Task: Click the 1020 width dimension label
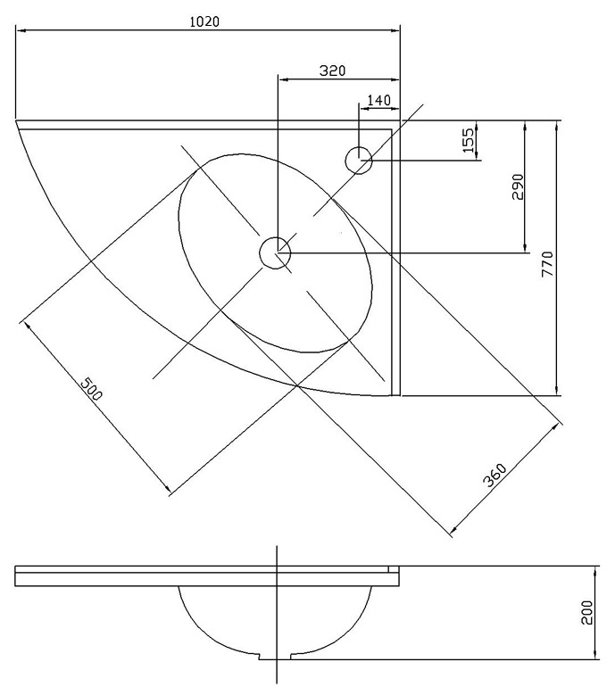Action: pos(204,21)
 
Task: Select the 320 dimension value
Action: pos(332,70)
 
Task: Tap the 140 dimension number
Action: pos(379,100)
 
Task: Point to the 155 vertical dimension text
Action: pos(469,139)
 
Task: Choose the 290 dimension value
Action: pos(518,187)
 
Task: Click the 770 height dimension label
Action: pos(547,264)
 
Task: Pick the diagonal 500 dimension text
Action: pos(91,389)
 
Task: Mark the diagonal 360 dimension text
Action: pos(494,476)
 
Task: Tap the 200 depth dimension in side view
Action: pos(587,613)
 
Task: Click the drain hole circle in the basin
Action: pos(275,253)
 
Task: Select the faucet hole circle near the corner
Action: pos(358,160)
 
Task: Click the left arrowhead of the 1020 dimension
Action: pos(21,30)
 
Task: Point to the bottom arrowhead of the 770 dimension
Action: pos(556,390)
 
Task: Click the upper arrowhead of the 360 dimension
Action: pos(554,427)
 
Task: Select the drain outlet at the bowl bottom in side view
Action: pos(275,656)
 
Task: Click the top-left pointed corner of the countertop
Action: pos(16,120)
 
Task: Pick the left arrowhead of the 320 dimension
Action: pos(283,79)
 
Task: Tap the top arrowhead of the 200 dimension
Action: pos(594,572)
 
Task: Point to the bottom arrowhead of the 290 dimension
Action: pos(526,247)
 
